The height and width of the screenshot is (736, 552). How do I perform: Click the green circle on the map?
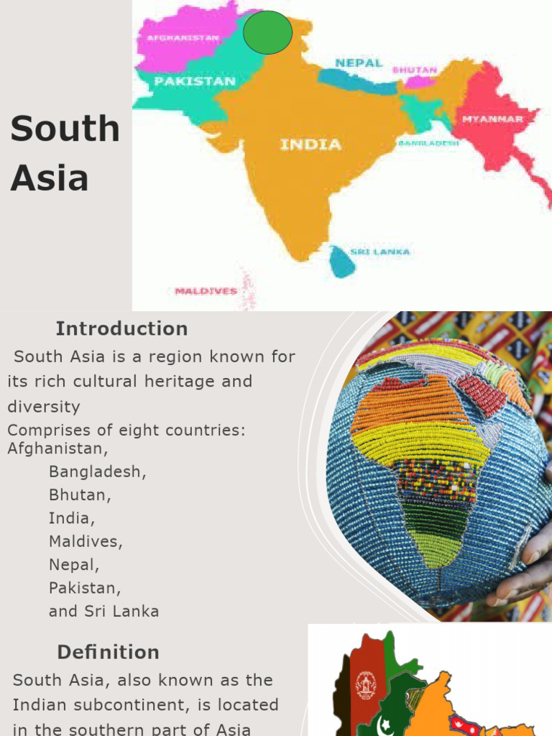267,32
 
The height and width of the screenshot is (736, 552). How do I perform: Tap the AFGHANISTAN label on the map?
183,38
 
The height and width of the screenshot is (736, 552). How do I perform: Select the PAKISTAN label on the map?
195,81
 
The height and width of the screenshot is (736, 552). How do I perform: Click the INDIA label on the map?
310,144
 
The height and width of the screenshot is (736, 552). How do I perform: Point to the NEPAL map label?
359,63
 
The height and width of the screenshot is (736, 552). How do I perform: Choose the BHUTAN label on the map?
415,70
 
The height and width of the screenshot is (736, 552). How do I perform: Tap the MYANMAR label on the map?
492,119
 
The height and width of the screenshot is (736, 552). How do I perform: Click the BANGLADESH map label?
428,144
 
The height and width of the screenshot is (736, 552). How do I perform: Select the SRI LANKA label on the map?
380,252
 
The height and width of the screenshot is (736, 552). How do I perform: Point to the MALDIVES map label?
206,291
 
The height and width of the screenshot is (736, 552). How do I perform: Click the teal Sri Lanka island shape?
342,262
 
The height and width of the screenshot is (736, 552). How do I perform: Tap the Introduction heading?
121,329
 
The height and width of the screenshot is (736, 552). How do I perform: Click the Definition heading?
108,653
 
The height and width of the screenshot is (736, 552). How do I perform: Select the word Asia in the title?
49,178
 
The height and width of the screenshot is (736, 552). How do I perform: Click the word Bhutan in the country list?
80,495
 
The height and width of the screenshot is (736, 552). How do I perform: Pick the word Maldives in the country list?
86,542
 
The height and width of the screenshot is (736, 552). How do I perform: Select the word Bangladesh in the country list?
97,472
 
